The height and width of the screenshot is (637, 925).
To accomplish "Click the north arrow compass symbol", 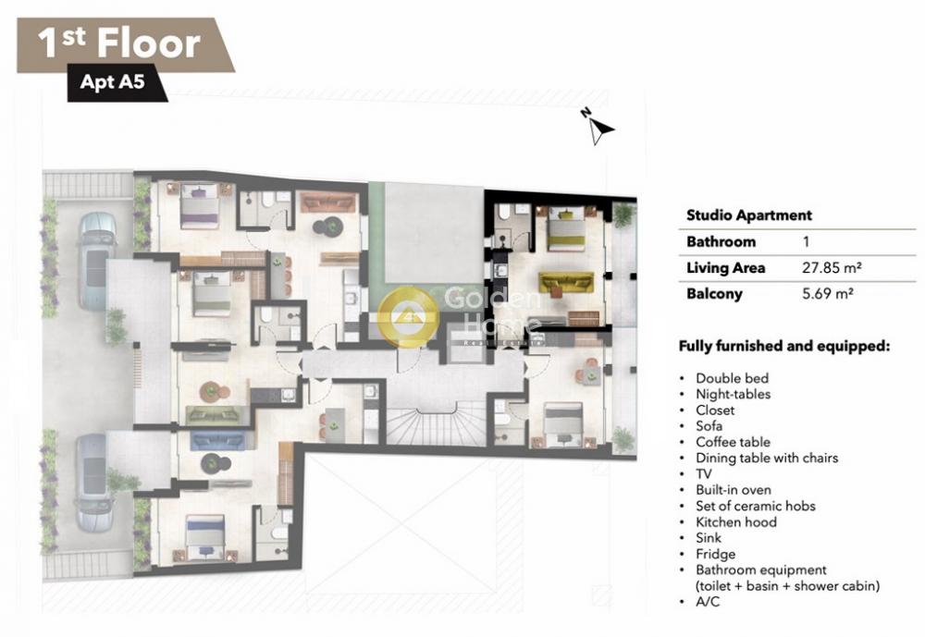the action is click(x=598, y=127).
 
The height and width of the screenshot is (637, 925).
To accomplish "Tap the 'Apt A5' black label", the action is click(x=113, y=82).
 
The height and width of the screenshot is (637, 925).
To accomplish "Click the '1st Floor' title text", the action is click(x=119, y=43).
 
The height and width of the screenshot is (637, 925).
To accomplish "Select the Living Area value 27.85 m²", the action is click(x=832, y=268).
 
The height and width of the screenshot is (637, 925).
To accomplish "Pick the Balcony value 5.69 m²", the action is click(x=828, y=293).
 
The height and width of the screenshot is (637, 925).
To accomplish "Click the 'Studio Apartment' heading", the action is click(x=749, y=215).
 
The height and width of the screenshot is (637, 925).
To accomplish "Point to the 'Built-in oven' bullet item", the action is click(x=734, y=490).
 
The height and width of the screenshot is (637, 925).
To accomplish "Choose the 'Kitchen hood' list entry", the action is click(x=736, y=522).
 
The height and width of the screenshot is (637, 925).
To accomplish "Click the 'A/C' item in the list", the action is click(x=708, y=602).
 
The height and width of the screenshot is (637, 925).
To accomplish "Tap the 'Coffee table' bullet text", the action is click(x=734, y=442).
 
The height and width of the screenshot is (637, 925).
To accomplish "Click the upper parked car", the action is click(x=96, y=261).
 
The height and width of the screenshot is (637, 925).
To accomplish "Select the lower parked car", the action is click(x=95, y=483).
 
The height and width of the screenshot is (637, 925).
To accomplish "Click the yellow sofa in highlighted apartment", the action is click(x=566, y=284).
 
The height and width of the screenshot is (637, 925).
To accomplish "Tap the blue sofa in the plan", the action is click(x=218, y=439).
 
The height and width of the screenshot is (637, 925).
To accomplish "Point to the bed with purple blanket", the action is click(x=200, y=205).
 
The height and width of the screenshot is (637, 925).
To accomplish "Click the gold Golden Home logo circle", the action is click(x=408, y=317).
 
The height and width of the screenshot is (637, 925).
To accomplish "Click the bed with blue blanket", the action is click(x=205, y=537).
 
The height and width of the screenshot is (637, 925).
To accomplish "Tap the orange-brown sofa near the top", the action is click(x=328, y=202).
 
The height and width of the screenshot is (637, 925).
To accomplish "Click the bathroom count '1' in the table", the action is click(x=806, y=241).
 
